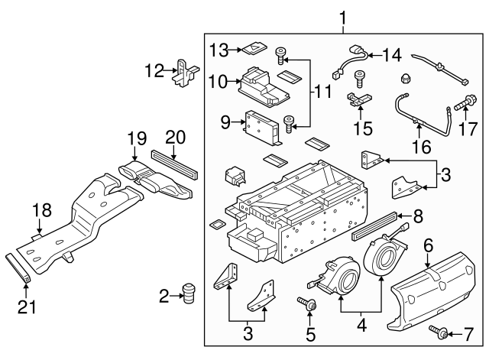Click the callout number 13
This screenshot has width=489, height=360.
point(219,50)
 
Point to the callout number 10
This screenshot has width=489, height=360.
point(218,81)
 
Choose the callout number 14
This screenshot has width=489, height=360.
point(391,54)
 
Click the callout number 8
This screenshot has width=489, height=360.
point(416,217)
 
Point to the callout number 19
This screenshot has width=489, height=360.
point(136,138)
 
